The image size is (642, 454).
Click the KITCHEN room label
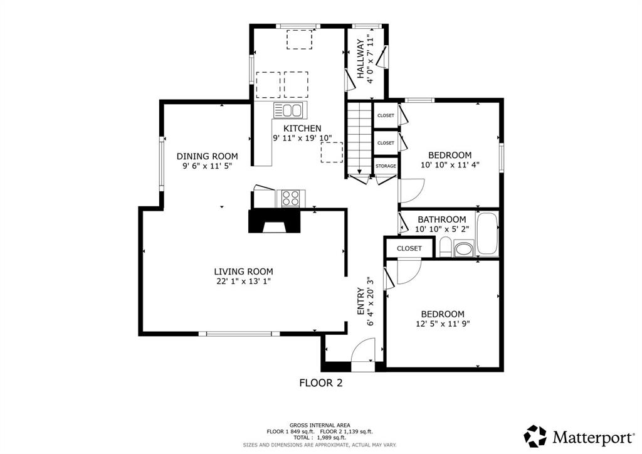pos(302,128)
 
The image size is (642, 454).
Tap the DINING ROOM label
pos(207,156)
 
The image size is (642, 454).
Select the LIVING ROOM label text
pos(244,272)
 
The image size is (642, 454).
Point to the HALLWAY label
pos(360,58)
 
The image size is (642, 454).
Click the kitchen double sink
pos(288,110)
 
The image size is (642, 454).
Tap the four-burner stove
pos(291,198)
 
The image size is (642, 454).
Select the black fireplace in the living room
pos(275,221)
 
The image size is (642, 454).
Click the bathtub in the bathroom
pos(488,234)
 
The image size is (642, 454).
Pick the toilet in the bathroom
pos(445,247)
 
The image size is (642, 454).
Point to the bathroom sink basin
pos(463,249)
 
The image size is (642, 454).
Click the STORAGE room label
pos(386,166)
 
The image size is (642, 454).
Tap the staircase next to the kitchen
pos(359,139)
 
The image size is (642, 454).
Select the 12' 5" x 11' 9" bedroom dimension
pos(442,324)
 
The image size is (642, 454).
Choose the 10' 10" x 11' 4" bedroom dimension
pos(450,165)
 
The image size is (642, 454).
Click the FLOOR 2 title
pos(321,383)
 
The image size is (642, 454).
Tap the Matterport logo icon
pos(535,436)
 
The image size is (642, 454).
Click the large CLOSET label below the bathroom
pos(409,248)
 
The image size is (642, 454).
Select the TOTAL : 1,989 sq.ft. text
pos(320,438)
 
